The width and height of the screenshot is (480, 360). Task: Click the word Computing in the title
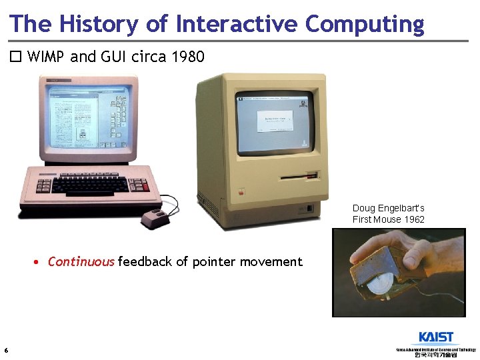coord(365,23)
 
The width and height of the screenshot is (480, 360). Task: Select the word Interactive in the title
coord(237,23)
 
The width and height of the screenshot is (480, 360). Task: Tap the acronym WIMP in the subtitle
coord(47,57)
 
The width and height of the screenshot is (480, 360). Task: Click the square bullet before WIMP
coord(15,57)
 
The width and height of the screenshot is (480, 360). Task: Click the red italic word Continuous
coord(81,262)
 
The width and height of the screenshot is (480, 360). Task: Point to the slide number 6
coord(6,351)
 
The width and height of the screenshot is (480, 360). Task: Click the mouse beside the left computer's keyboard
coord(155,217)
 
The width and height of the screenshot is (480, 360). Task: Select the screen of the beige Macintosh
coord(274,121)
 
